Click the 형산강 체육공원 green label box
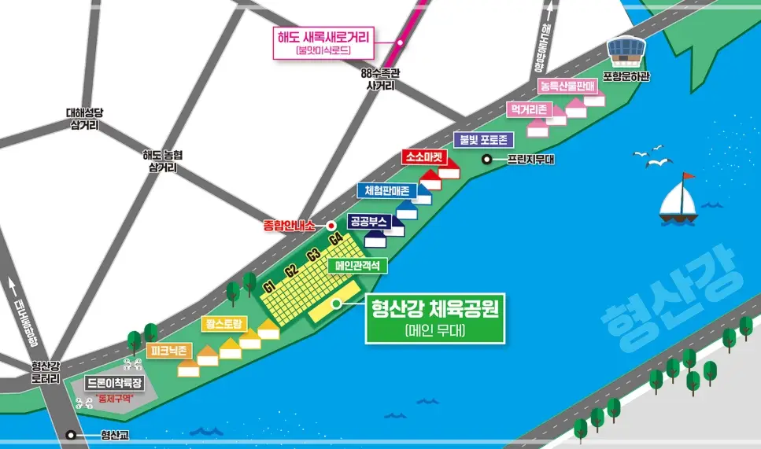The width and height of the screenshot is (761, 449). pos(434,318)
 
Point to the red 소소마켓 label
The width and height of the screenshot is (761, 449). pos(426,157)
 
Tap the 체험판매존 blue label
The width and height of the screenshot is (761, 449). pos(386,190)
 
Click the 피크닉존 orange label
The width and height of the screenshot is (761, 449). pos(168,349)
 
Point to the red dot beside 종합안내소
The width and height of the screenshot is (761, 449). pos(321,225)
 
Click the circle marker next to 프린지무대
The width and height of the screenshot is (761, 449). pos(487,159)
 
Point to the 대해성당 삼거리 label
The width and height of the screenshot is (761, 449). pos(83,118)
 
